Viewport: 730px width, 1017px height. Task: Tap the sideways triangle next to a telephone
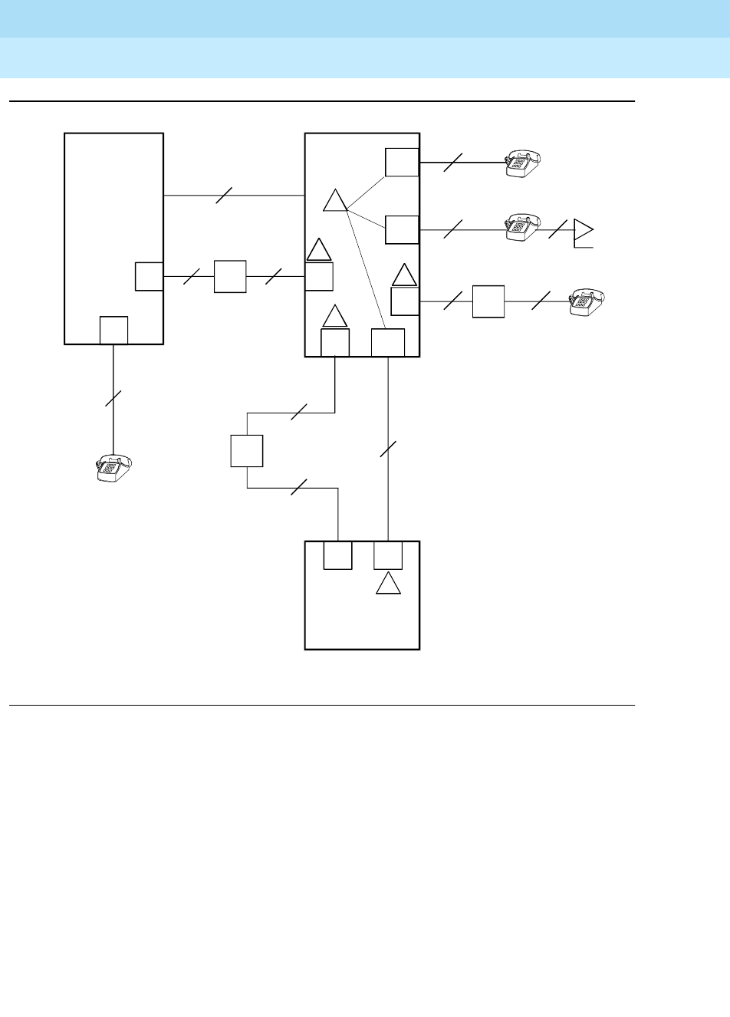584,230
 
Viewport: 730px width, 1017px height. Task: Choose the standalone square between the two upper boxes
230,276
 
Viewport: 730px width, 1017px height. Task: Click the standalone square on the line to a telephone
488,301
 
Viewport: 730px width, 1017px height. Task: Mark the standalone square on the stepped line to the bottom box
247,450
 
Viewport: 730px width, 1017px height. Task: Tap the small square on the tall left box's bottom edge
113,330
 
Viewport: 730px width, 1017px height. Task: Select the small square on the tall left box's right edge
149,276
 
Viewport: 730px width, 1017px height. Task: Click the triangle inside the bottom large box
389,584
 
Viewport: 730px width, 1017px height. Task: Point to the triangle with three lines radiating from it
334,201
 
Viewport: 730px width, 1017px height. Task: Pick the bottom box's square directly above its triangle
388,555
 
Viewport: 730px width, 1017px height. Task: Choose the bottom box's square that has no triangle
337,555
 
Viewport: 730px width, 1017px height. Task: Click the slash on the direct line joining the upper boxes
224,196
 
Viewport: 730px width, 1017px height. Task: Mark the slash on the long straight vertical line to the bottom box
389,449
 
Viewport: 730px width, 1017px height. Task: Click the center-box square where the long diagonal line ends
387,343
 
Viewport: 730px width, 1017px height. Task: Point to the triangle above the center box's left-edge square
319,251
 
